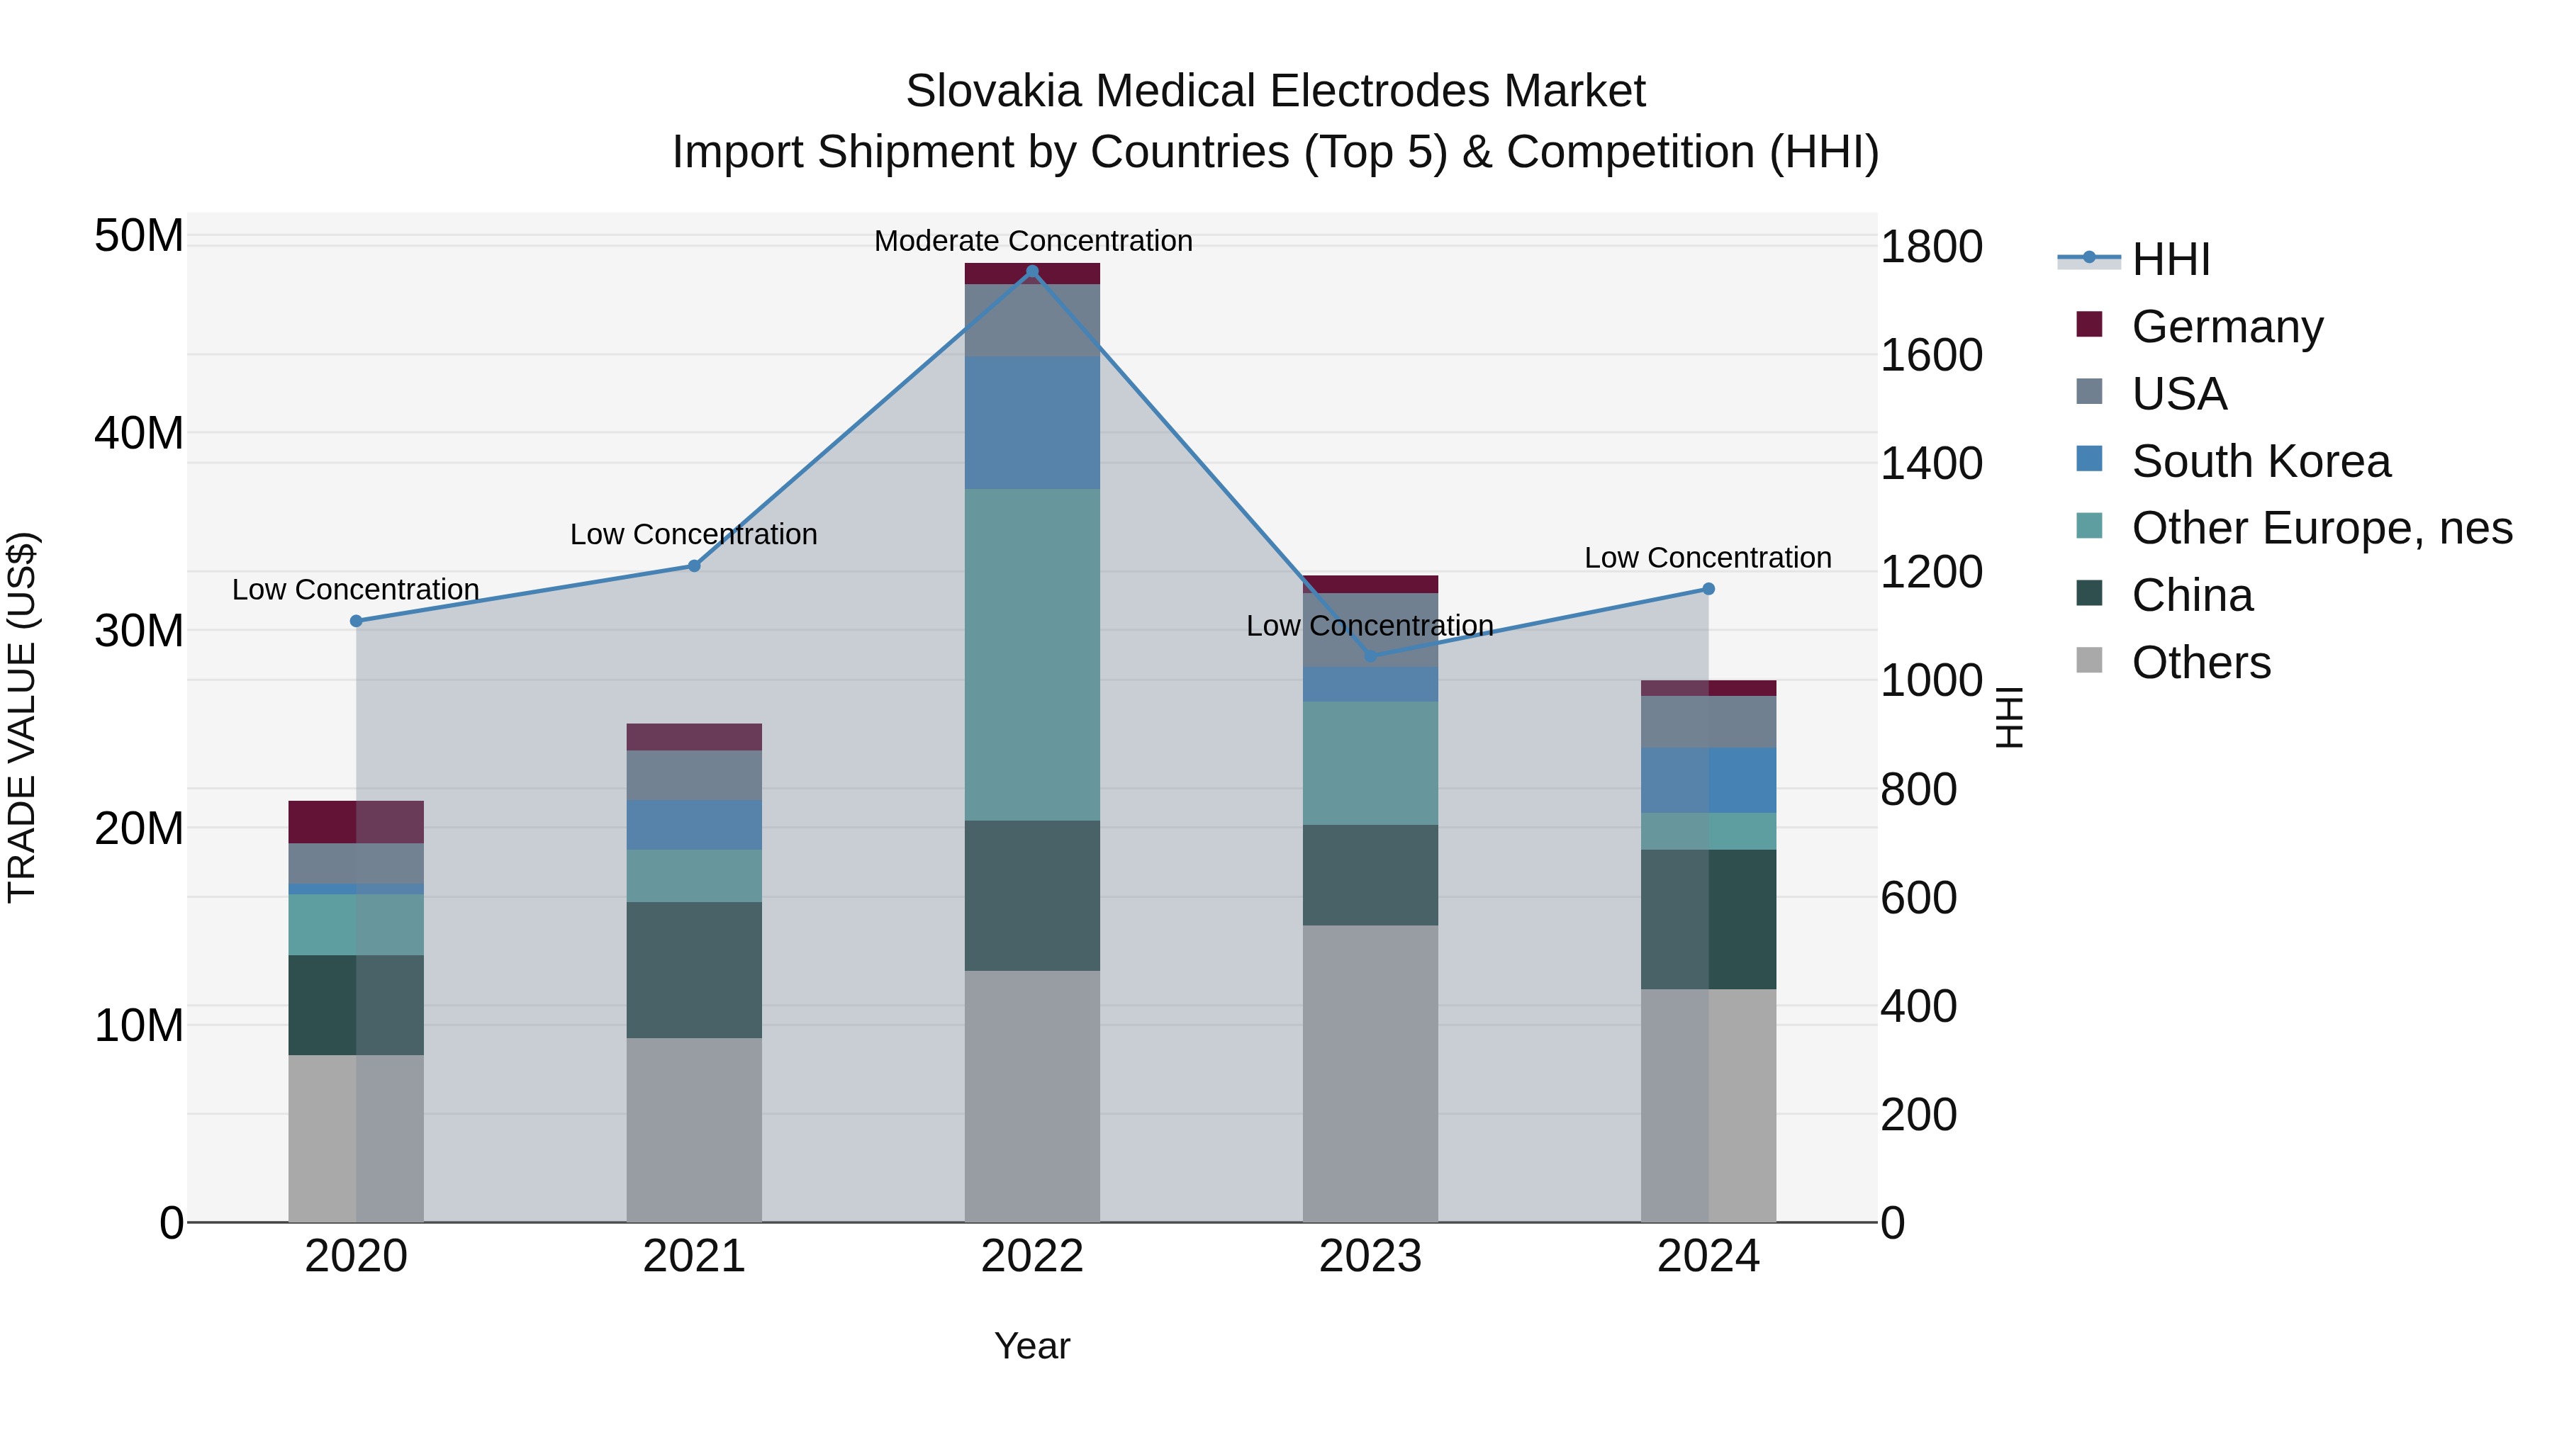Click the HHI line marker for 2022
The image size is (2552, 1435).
pyautogui.click(x=1031, y=271)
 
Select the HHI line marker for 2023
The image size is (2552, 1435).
pyautogui.click(x=1370, y=655)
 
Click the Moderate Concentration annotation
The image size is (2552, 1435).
pyautogui.click(x=1032, y=241)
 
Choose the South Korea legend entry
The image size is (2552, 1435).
pyautogui.click(x=2260, y=461)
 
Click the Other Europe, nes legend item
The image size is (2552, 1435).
pyautogui.click(x=2320, y=528)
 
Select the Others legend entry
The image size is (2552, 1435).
pyautogui.click(x=2200, y=663)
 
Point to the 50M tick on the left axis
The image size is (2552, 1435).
pyautogui.click(x=139, y=236)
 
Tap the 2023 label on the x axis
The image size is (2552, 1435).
pyautogui.click(x=1370, y=1256)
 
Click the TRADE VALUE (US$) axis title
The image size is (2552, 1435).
pyautogui.click(x=23, y=717)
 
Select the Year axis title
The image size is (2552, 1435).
pyautogui.click(x=1031, y=1346)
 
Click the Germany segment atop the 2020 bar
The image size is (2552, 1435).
pyautogui.click(x=356, y=821)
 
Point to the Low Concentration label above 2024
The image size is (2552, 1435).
pyautogui.click(x=1707, y=558)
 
